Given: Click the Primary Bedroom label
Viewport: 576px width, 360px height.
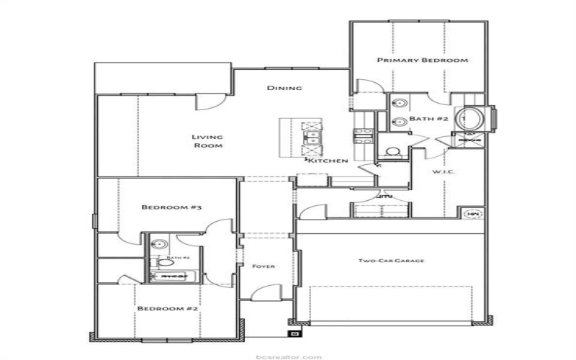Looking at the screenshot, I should click(x=423, y=60).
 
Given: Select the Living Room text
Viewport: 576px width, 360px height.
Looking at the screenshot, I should click(x=207, y=140).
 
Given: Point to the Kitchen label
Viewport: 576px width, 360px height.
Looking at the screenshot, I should click(x=328, y=161).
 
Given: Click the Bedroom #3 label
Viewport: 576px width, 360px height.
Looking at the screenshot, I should click(x=171, y=207).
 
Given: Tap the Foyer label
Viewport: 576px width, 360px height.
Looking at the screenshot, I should click(x=264, y=266).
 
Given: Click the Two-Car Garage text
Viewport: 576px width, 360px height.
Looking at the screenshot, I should click(x=390, y=260).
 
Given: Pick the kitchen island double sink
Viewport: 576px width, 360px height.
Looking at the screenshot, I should click(x=314, y=135).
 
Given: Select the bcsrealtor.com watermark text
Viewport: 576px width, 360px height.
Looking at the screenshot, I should click(x=287, y=356).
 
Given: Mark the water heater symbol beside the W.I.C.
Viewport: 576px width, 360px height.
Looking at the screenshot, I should click(x=473, y=213).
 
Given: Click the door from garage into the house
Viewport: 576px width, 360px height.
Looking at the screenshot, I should click(x=309, y=212).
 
